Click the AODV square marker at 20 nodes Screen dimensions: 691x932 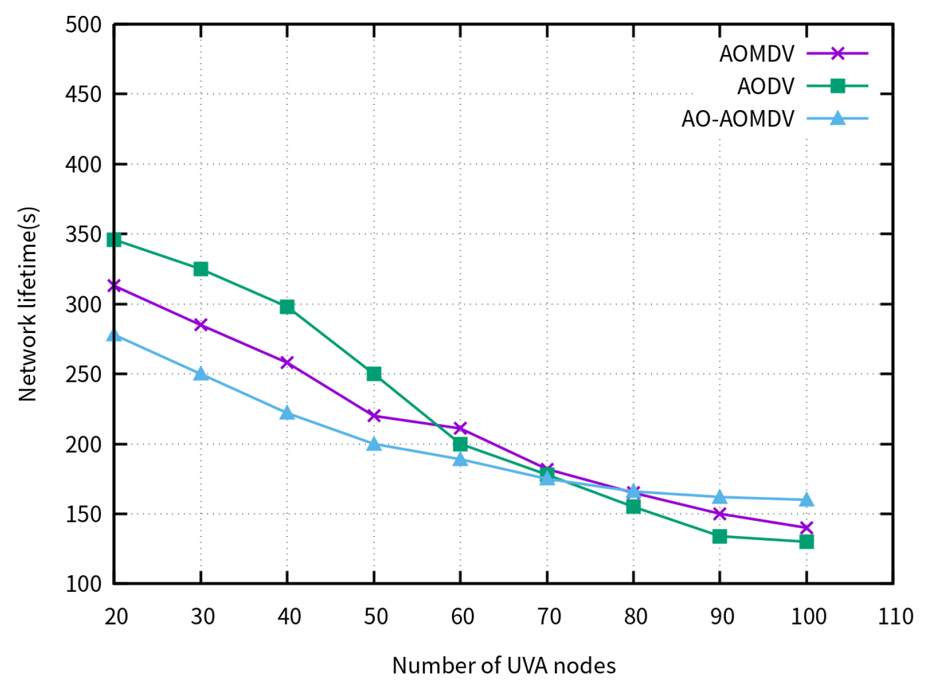tap(114, 240)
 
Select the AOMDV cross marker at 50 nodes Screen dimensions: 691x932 tap(374, 416)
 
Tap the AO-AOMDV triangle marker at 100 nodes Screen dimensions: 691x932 tap(806, 500)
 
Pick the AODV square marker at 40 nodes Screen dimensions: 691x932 tap(287, 307)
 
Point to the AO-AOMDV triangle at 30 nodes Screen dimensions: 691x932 tap(201, 374)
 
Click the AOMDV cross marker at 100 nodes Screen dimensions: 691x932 tap(806, 528)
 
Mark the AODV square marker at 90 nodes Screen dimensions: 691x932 tap(719, 536)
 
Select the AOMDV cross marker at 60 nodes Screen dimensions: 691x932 tap(460, 428)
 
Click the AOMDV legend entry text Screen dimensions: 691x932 tap(757, 54)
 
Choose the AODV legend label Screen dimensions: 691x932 tap(766, 86)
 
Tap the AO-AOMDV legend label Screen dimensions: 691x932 tap(738, 119)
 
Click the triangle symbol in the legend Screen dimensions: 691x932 tap(837, 119)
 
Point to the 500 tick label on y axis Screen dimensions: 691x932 tap(83, 25)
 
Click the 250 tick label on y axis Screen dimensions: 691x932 tap(83, 374)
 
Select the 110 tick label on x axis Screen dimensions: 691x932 tap(895, 616)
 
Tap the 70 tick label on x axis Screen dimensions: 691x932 tap(549, 616)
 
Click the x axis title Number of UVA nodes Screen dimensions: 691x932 tap(504, 665)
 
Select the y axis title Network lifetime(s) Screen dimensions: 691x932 tap(28, 304)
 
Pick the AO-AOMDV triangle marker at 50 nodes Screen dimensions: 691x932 tap(374, 444)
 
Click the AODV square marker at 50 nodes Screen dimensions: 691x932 tap(374, 374)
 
